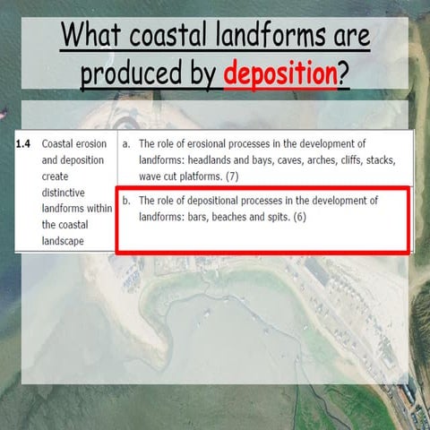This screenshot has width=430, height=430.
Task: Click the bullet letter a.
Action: (125, 143)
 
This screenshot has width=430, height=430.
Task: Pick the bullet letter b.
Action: (125, 201)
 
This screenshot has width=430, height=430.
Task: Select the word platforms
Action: (195, 176)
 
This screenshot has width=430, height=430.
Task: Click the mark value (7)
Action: (232, 176)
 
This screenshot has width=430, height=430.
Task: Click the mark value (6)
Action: (299, 217)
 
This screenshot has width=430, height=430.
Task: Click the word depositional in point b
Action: (216, 201)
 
